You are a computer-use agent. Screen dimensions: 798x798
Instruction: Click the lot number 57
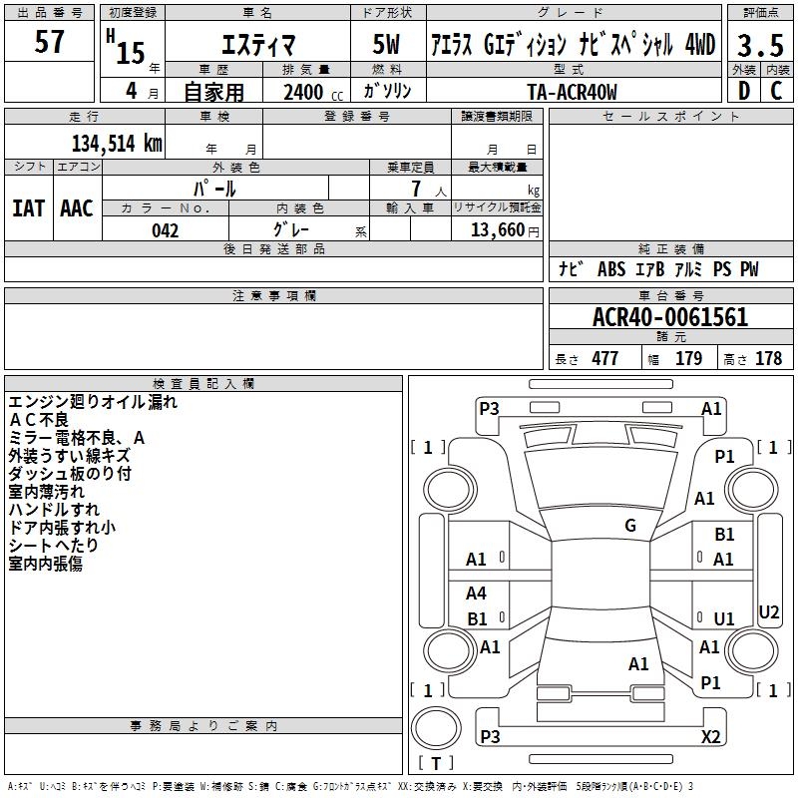[x=49, y=42]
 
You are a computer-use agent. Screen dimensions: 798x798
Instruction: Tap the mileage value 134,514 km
[x=117, y=143]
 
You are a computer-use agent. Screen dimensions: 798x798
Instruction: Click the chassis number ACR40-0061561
[x=669, y=318]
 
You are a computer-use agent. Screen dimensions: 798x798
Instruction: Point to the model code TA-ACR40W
[x=572, y=92]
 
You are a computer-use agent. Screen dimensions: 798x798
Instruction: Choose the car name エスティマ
[x=256, y=45]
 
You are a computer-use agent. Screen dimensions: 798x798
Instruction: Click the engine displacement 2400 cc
[x=310, y=92]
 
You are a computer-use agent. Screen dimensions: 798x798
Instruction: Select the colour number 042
[x=165, y=230]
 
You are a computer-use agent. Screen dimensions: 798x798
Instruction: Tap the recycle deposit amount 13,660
[x=495, y=230]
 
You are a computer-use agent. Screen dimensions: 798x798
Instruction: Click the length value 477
[x=604, y=359]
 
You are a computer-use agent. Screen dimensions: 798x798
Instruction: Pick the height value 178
[x=768, y=359]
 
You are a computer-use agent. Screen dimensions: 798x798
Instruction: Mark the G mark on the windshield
[x=629, y=526]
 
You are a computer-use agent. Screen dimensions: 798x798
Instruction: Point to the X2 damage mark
[x=710, y=737]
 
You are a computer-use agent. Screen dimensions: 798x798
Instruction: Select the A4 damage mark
[x=477, y=594]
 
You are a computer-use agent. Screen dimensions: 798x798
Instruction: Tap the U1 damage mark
[x=724, y=618]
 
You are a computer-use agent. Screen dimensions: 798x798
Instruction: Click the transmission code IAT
[x=28, y=208]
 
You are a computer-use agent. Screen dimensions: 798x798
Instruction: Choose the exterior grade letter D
[x=743, y=91]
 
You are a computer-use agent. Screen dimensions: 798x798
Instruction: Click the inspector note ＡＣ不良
[x=41, y=419]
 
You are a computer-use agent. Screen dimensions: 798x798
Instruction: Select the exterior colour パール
[x=214, y=188]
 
